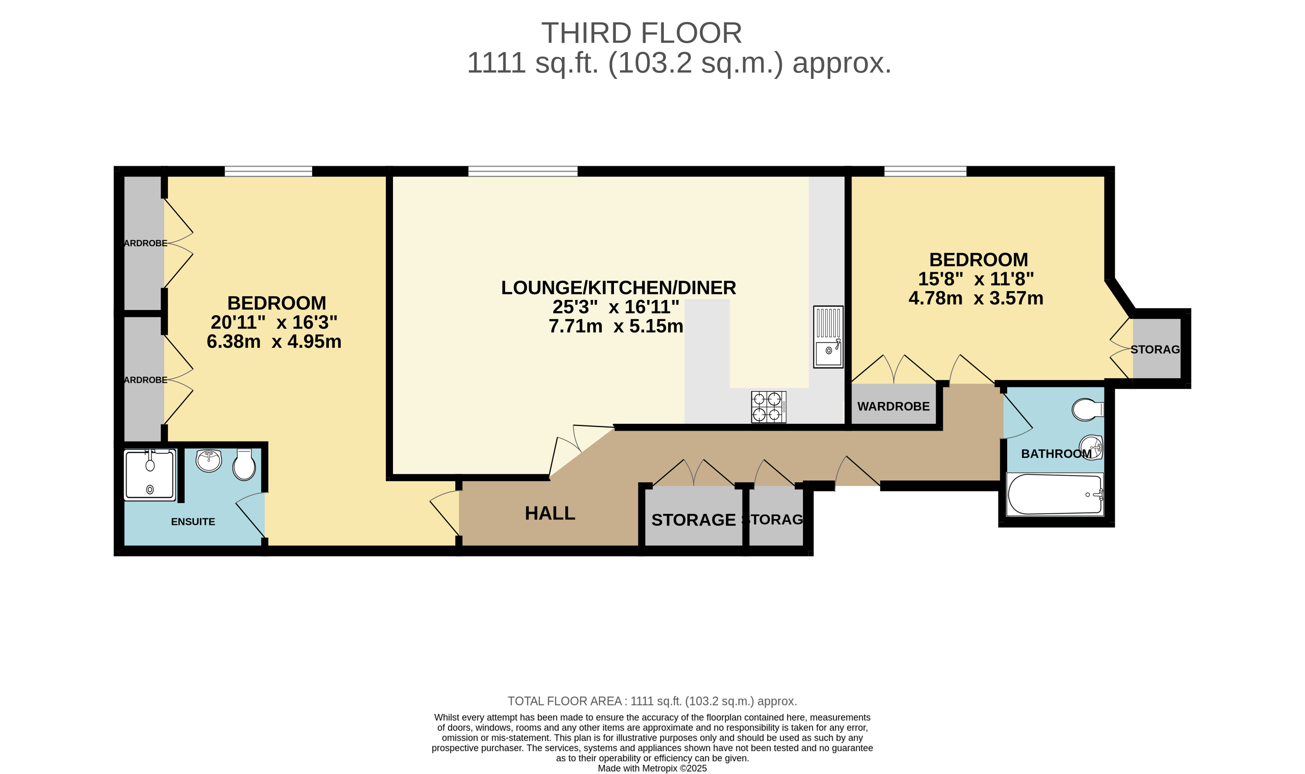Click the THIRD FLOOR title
tap(641, 33)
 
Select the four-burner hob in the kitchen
tap(768, 407)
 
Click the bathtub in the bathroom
tap(1055, 495)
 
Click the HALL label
tap(550, 513)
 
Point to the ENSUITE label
tap(193, 522)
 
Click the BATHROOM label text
tap(1056, 454)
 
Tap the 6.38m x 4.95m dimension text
tap(274, 342)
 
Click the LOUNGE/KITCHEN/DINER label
tap(618, 288)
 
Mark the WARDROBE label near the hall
tap(893, 406)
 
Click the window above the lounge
tap(522, 171)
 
